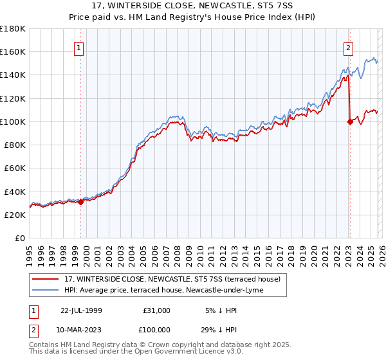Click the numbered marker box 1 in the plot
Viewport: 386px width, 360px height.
[78, 47]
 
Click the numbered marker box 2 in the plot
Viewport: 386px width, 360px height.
[348, 47]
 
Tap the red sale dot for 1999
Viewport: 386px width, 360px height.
[81, 202]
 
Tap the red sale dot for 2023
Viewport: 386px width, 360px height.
[350, 121]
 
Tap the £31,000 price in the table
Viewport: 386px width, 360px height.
[156, 310]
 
